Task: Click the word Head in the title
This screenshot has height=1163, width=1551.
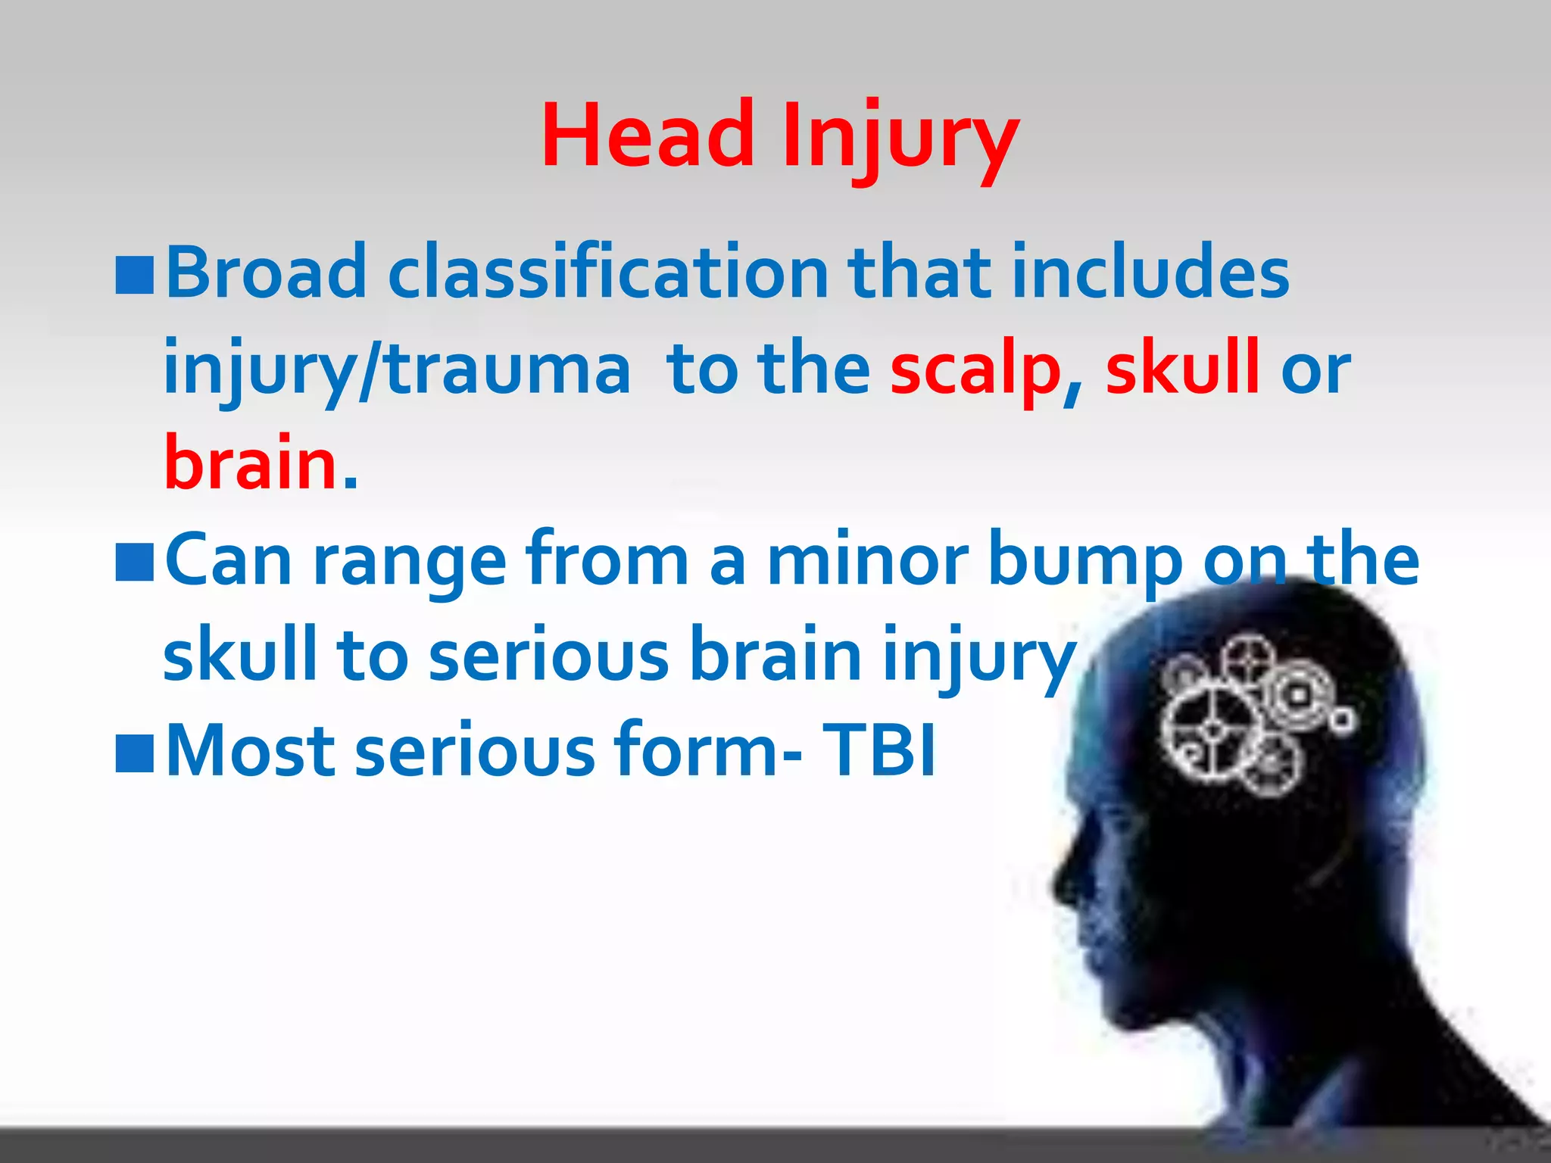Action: point(648,136)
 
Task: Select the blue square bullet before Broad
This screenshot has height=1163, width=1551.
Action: point(135,274)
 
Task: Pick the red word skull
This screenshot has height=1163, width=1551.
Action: point(1182,368)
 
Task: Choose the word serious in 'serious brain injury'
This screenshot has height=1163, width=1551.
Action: point(549,656)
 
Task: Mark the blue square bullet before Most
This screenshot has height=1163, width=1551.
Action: point(135,753)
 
